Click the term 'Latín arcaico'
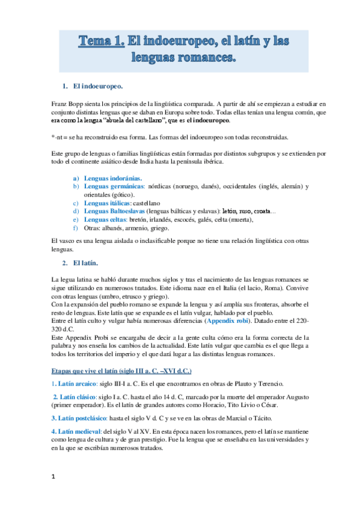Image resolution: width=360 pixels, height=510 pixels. [x=79, y=384]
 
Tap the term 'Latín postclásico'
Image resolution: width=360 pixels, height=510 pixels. [x=84, y=418]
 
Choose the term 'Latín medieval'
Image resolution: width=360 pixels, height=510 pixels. [x=80, y=432]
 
